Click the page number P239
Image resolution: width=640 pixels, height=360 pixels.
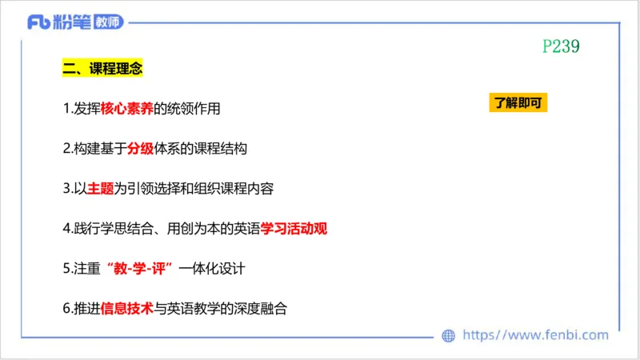point(560,46)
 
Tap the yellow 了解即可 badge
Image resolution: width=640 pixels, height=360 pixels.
point(518,103)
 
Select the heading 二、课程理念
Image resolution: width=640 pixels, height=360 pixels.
point(102,70)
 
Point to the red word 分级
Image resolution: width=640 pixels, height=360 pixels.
point(140,150)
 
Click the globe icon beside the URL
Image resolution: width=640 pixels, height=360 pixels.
point(449,336)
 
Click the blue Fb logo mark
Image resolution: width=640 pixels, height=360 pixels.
point(38,22)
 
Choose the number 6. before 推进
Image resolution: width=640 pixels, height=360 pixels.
point(66,308)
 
